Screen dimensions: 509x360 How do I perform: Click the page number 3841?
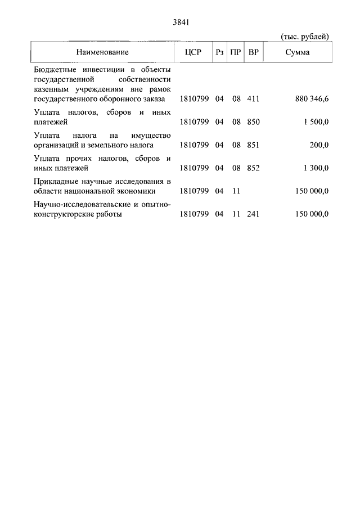180,23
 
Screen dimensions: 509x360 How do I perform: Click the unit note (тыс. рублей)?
304,37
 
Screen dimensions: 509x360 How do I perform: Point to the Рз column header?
219,52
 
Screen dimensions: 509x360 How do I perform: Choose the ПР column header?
236,52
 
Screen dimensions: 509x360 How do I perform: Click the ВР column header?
254,52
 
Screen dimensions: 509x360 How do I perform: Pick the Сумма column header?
296,52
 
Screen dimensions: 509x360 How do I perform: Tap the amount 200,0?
319,145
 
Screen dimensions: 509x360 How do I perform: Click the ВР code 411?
253,98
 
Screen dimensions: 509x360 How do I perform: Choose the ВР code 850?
253,121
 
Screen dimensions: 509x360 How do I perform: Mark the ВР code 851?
253,145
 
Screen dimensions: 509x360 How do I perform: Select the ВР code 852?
253,168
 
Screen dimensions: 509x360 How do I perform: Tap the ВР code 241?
253,214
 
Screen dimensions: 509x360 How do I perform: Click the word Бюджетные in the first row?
54,69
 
